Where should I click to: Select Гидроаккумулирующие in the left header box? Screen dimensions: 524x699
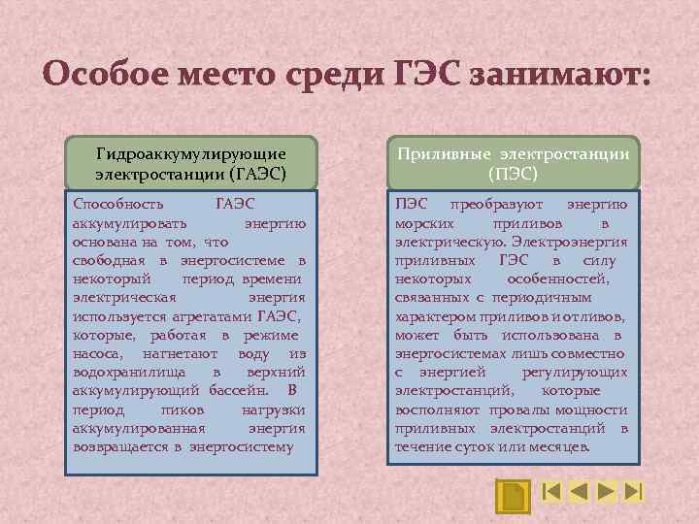190,154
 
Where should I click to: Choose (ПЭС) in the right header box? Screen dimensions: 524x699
513,176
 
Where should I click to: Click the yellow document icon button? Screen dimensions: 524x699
512,494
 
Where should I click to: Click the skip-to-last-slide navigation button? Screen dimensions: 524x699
634,491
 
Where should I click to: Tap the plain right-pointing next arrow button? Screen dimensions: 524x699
606,491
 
